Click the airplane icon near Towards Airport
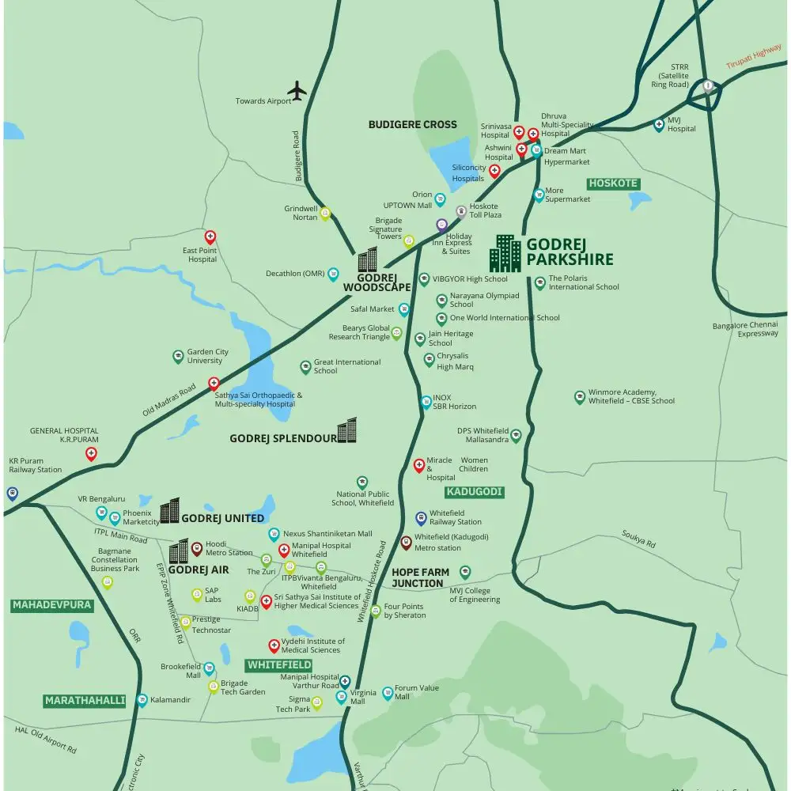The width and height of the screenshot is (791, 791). coord(297,91)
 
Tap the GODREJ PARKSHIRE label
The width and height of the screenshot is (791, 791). coord(570,252)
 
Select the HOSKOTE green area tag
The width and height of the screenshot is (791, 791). coord(613,184)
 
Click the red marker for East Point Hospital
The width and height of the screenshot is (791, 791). coord(210,236)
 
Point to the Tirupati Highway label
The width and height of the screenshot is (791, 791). coord(754,57)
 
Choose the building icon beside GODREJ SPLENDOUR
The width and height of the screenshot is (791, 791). coord(347,431)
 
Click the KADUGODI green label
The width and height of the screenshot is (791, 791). coord(475,492)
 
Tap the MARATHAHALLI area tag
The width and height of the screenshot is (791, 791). coord(85,701)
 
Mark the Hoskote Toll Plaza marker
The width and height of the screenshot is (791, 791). coord(462,210)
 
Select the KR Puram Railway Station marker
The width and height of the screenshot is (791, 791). coord(12,493)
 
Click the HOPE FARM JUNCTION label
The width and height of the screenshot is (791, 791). coord(420,577)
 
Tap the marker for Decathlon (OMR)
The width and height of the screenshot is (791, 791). coord(333,274)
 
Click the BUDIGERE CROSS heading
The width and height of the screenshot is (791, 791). coord(413,124)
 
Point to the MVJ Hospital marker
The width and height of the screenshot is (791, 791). coord(659,124)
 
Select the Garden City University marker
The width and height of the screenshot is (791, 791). coord(178,356)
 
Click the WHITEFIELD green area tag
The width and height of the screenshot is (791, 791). coord(278,665)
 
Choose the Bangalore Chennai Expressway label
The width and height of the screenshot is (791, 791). coord(745,329)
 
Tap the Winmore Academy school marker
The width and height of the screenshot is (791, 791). coord(580,396)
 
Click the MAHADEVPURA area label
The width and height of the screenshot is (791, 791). coord(52,606)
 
